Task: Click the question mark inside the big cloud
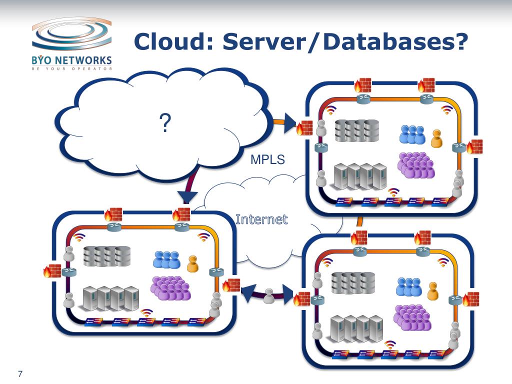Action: [x=164, y=123]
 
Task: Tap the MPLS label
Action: [x=267, y=160]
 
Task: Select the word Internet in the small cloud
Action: [x=261, y=219]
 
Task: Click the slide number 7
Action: [x=20, y=373]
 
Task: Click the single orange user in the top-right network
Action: [x=436, y=138]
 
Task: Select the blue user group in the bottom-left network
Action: [x=166, y=259]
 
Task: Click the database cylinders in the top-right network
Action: [x=356, y=130]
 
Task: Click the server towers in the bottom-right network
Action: [x=356, y=328]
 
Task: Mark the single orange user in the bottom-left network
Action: [x=192, y=263]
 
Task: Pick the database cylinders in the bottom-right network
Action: [x=353, y=282]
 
